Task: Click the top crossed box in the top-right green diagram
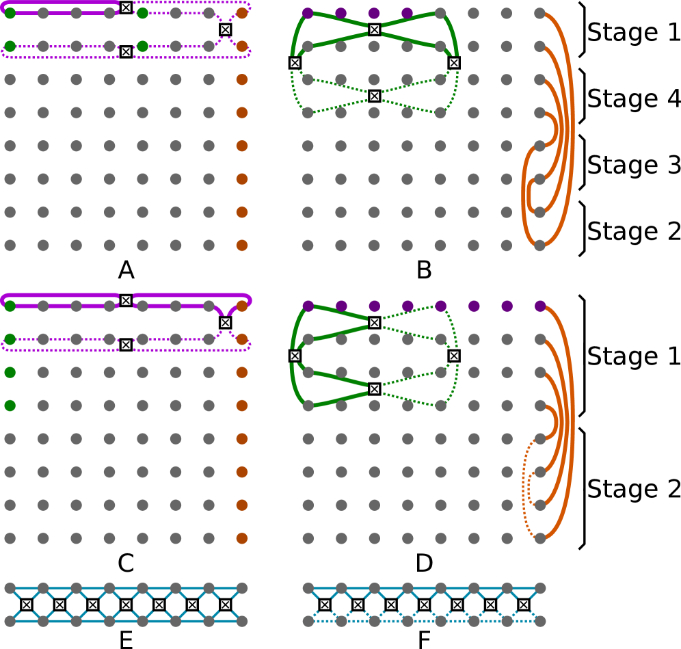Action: click(x=374, y=29)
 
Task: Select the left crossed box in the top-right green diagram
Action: click(x=295, y=63)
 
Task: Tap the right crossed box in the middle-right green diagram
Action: click(x=454, y=356)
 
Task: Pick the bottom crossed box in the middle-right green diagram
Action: click(x=374, y=389)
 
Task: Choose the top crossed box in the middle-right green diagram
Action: click(x=374, y=323)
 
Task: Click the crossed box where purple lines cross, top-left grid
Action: click(x=225, y=29)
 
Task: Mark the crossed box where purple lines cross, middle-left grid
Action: click(x=225, y=323)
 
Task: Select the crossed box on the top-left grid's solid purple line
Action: click(x=126, y=8)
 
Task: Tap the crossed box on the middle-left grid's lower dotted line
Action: click(x=126, y=345)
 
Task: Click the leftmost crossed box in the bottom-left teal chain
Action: click(x=26, y=605)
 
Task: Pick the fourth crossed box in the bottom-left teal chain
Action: click(x=126, y=605)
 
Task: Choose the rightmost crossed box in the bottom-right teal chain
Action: click(x=524, y=605)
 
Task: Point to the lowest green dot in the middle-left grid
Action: click(x=10, y=406)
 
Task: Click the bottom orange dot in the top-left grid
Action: click(x=241, y=245)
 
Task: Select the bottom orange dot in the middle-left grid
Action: click(x=241, y=538)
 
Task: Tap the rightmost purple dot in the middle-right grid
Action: click(x=540, y=306)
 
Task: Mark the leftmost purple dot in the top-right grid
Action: click(x=308, y=13)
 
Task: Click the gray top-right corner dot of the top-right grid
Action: click(x=540, y=13)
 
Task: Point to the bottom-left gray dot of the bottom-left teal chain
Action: click(x=10, y=621)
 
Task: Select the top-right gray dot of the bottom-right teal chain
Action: click(x=540, y=588)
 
